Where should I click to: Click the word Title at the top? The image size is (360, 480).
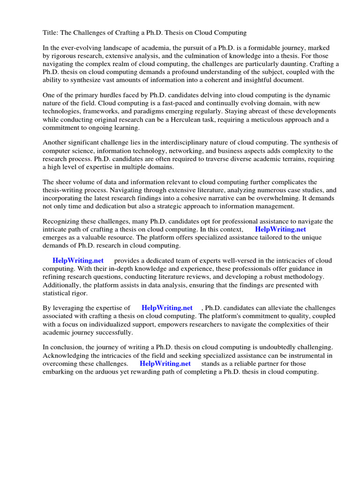tap(51, 32)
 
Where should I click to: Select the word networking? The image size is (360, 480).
tap(203, 150)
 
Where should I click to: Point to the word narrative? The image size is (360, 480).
tap(231, 198)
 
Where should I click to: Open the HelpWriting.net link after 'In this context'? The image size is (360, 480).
tap(280, 229)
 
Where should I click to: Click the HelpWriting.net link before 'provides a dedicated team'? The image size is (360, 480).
tap(78, 261)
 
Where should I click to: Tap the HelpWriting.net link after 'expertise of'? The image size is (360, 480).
tap(167, 308)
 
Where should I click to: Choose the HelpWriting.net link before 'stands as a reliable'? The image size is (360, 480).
tap(165, 363)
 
